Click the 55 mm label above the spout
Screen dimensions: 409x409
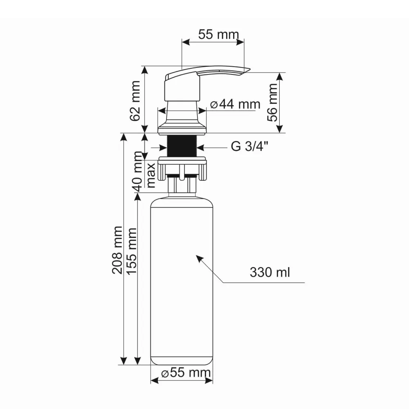(218, 34)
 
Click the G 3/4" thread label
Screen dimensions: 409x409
(250, 147)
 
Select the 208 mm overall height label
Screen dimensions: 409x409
(117, 249)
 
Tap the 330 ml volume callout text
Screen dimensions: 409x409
(270, 272)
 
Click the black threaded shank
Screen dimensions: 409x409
(182, 145)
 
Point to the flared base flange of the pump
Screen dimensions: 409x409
(182, 125)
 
